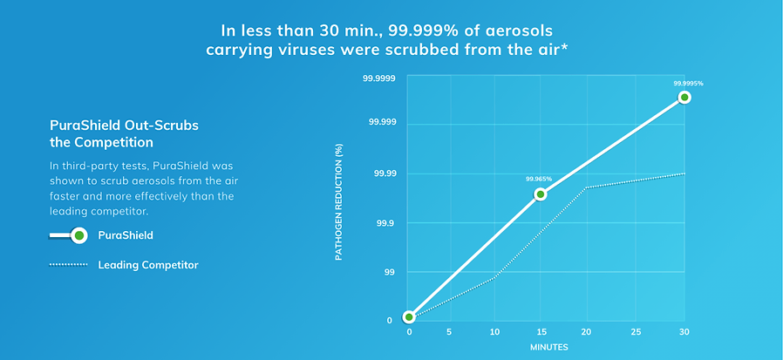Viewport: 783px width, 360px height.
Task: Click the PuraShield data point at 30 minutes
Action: coord(684,97)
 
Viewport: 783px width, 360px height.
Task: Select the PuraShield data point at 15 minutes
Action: coord(541,194)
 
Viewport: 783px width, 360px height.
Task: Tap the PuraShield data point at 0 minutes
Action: coord(409,316)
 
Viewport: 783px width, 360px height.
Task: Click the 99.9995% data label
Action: coord(688,84)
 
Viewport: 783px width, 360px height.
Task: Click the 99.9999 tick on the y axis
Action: coord(379,78)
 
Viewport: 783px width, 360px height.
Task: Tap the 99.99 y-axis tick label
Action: coord(384,173)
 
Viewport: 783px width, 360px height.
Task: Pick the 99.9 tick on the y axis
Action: coord(385,223)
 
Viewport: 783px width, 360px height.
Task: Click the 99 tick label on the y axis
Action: coord(389,273)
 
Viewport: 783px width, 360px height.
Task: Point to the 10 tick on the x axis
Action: coord(495,332)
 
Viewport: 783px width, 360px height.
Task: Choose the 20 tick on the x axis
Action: coord(586,332)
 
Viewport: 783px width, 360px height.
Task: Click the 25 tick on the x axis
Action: coord(636,332)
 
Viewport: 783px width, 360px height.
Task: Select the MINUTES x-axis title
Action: coord(548,347)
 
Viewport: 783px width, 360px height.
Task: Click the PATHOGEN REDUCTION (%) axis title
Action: coord(339,203)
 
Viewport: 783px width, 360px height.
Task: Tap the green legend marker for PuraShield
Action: coord(79,235)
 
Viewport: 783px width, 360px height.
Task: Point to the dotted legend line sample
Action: coord(69,264)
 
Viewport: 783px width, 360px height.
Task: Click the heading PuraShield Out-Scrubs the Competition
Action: coord(124,133)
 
